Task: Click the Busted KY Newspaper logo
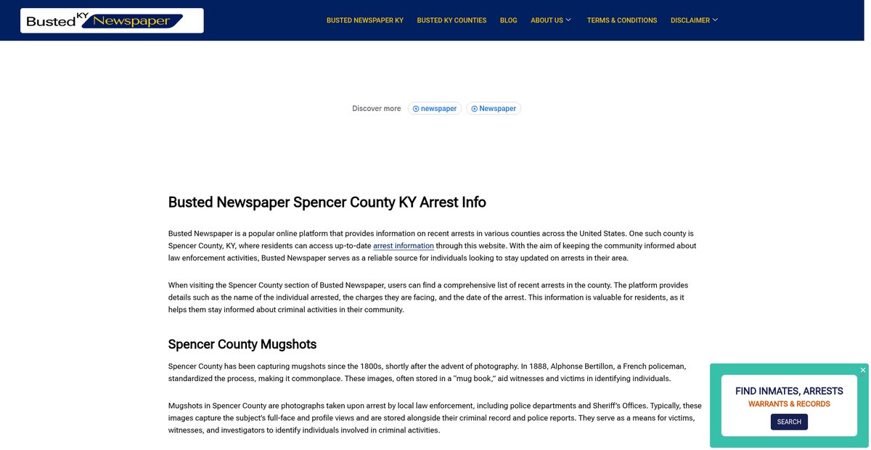[x=112, y=20]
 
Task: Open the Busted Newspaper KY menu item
[x=364, y=20]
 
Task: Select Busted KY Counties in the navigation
[x=451, y=20]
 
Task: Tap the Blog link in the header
[x=508, y=20]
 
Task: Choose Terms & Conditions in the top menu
[x=622, y=20]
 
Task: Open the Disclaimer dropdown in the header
[x=694, y=20]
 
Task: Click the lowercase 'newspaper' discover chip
[x=435, y=109]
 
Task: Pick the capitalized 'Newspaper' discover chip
[x=494, y=109]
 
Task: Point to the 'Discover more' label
[x=376, y=109]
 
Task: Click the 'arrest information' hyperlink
[x=403, y=246]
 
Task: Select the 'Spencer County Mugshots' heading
[x=242, y=344]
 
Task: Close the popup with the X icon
[x=863, y=370]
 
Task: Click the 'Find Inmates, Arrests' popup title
[x=789, y=391]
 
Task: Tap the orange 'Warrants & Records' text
[x=789, y=404]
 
